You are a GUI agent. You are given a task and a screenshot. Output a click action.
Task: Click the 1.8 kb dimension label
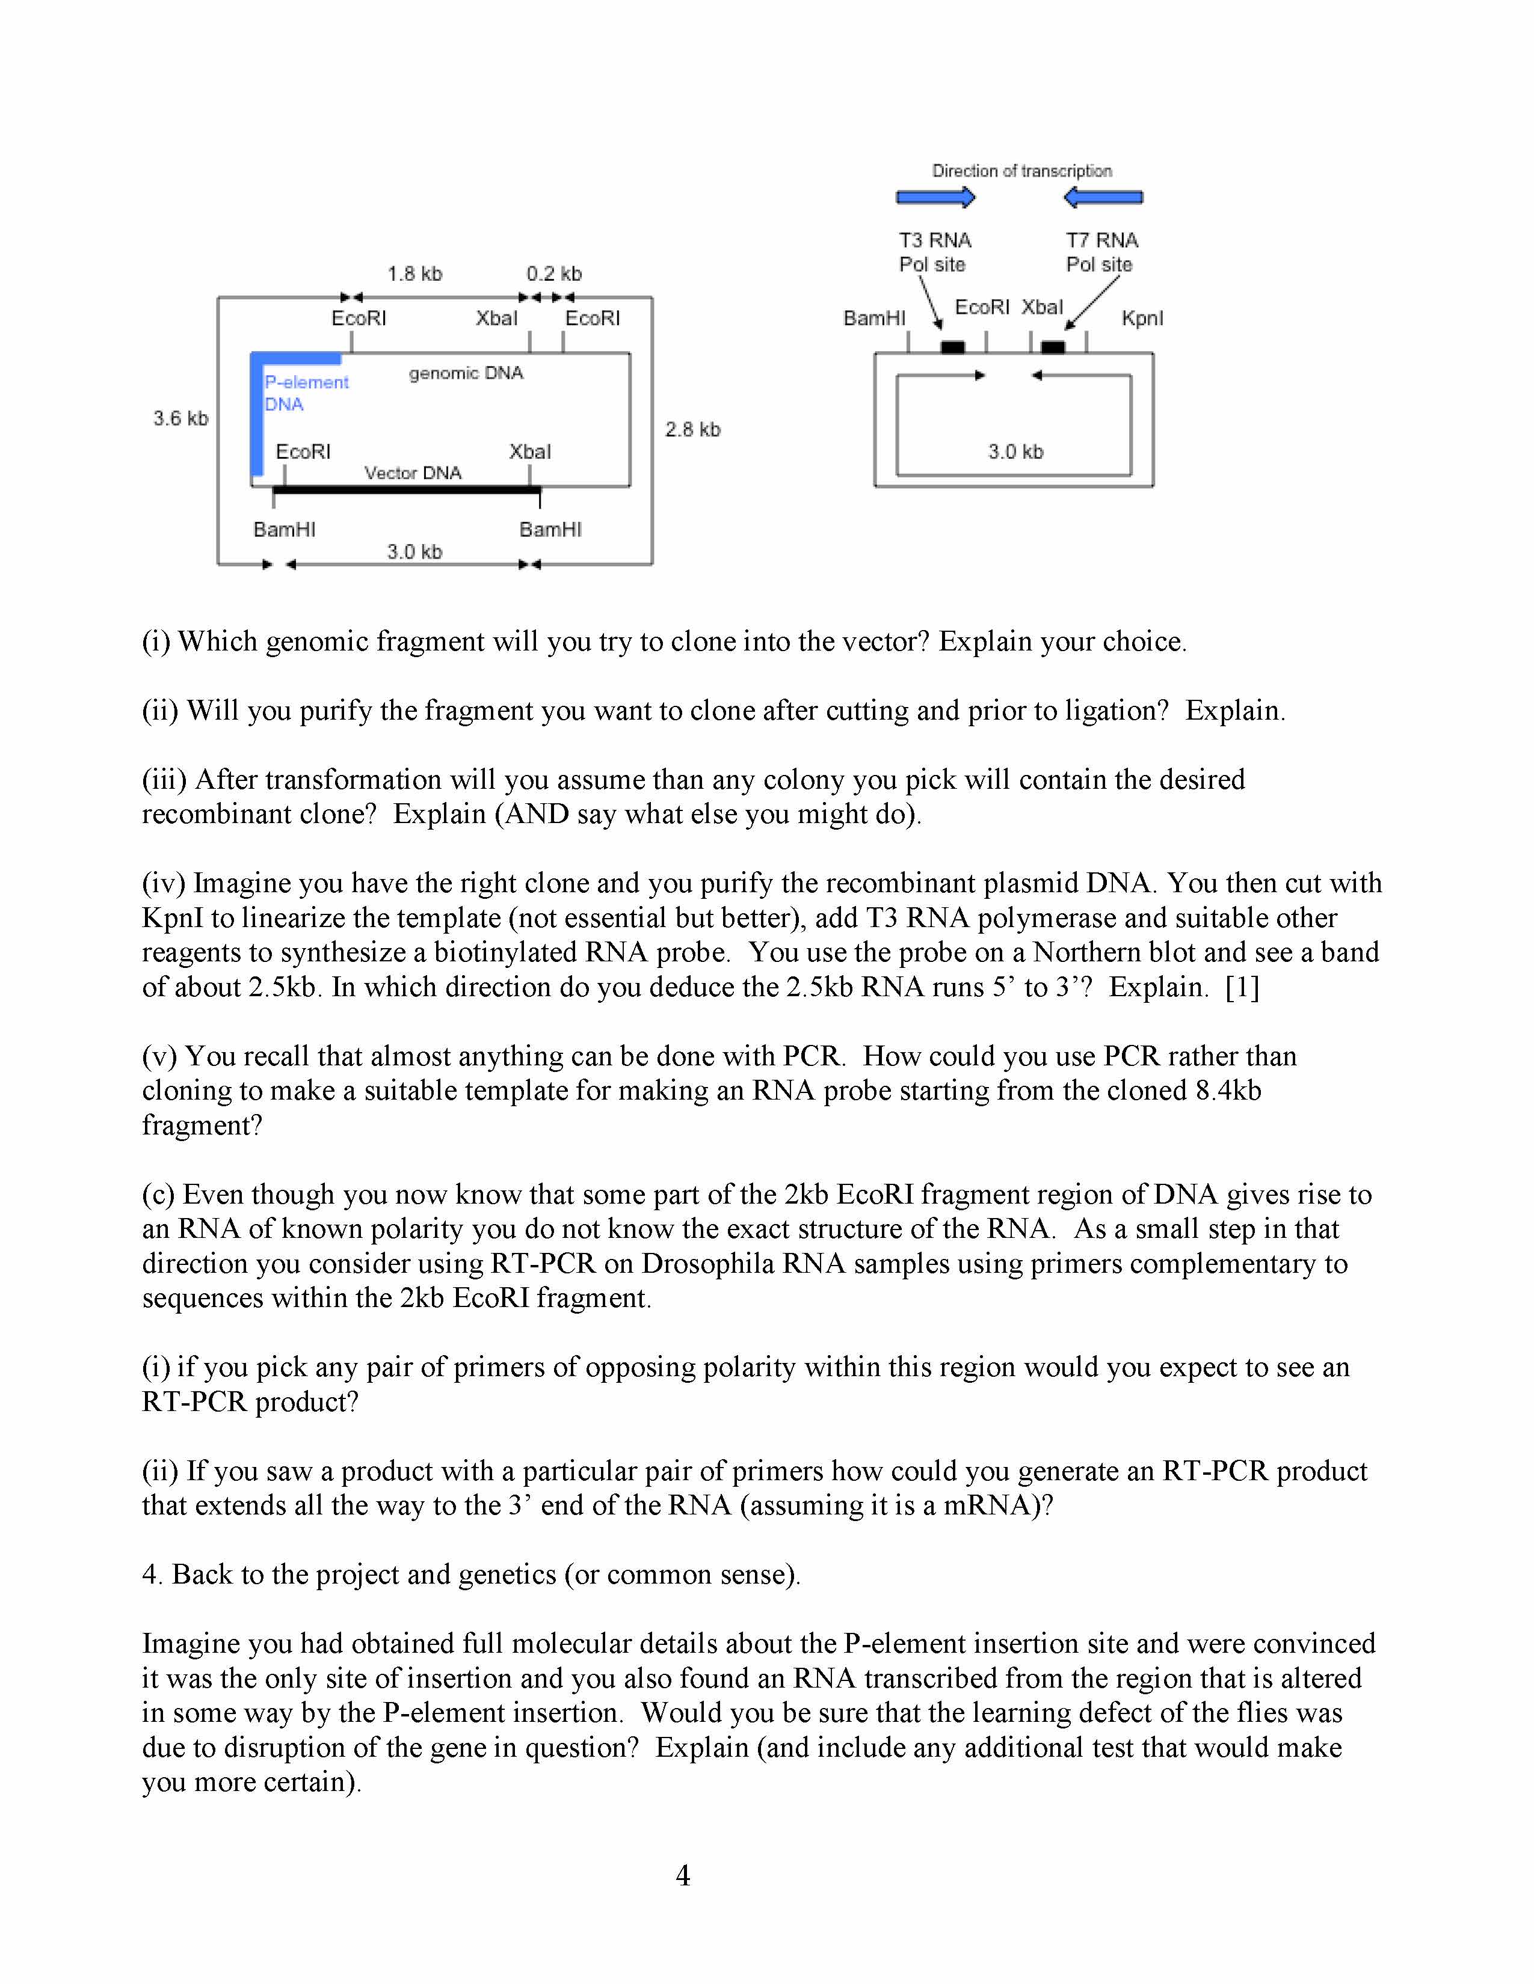click(x=414, y=274)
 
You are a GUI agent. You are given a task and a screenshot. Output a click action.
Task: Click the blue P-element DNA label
click(x=306, y=393)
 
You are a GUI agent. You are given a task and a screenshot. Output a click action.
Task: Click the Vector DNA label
click(x=413, y=473)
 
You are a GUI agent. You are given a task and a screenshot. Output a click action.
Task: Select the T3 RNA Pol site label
click(x=934, y=253)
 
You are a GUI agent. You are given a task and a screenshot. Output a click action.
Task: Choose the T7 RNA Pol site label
click(x=1101, y=253)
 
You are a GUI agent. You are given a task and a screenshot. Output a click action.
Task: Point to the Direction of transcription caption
click(x=1021, y=171)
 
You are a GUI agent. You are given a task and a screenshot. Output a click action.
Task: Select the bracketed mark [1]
click(x=1242, y=987)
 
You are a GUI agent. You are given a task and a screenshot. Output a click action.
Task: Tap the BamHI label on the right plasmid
click(x=874, y=318)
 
